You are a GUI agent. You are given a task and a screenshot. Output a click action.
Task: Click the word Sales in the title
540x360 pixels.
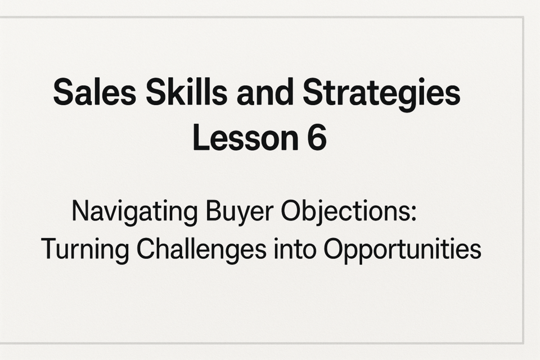[x=94, y=92]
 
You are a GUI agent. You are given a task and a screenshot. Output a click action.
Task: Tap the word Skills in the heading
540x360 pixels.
[x=186, y=92]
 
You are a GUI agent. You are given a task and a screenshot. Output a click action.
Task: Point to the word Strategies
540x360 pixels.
[x=381, y=94]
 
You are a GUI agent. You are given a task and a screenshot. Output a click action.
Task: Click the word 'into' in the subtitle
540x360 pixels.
[x=295, y=249]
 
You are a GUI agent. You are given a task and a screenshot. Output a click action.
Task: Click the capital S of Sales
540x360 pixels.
[x=64, y=92]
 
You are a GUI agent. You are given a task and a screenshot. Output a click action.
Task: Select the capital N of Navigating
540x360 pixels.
[x=82, y=211]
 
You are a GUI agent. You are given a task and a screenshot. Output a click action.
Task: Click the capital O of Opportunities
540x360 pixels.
[x=333, y=249]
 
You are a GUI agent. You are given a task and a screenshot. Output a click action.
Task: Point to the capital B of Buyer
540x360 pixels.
[x=214, y=211]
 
